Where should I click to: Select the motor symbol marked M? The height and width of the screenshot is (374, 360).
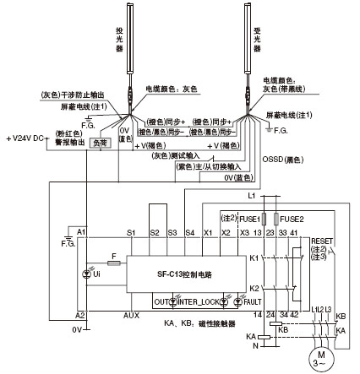pyautogui.click(x=310, y=357)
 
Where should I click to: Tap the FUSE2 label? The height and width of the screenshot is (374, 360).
pyautogui.click(x=292, y=218)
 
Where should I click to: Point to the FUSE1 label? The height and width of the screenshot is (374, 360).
pyautogui.click(x=251, y=218)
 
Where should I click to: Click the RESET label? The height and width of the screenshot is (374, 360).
pyautogui.click(x=323, y=239)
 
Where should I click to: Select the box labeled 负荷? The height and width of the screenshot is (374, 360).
pyautogui.click(x=100, y=144)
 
